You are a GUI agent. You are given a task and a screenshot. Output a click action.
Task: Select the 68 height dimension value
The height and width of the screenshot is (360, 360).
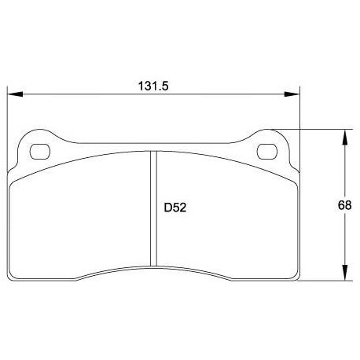point(343,204)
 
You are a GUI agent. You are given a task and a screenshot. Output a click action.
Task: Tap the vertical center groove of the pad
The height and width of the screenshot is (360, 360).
point(153,212)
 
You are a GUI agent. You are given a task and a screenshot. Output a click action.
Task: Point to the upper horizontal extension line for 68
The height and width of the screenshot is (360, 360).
point(314,129)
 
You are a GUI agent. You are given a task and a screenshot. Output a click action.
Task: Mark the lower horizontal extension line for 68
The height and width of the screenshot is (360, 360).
point(322,279)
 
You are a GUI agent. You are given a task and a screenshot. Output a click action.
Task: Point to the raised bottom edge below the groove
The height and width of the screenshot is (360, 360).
point(153,265)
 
